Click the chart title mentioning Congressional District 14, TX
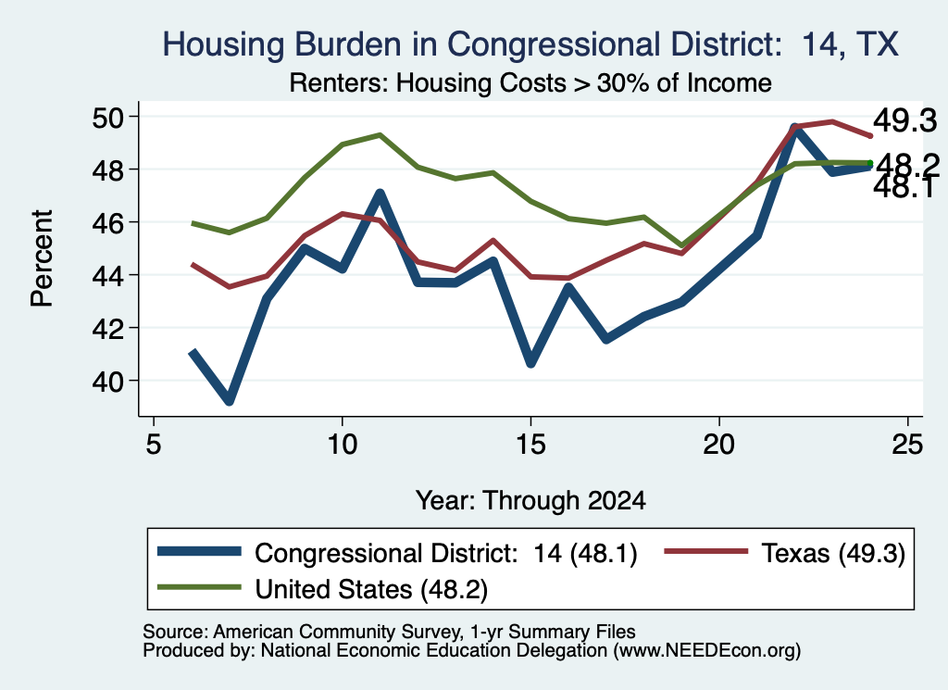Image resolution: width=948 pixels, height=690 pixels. click(x=530, y=44)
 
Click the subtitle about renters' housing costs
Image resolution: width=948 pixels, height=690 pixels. click(x=530, y=82)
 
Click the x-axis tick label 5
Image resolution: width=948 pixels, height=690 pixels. click(x=154, y=445)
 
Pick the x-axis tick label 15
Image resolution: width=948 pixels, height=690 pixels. click(x=530, y=445)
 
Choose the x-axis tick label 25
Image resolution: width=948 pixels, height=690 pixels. click(x=907, y=445)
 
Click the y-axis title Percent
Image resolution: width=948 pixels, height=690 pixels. click(x=42, y=258)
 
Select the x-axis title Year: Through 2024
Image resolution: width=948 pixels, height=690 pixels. click(x=530, y=501)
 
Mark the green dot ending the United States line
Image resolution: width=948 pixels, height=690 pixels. click(x=870, y=163)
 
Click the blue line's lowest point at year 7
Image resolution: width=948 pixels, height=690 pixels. click(x=230, y=400)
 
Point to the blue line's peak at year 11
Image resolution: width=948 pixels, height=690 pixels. click(x=380, y=194)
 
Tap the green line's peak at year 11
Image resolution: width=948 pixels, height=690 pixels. click(x=380, y=135)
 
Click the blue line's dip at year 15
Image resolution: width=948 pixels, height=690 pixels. click(x=530, y=363)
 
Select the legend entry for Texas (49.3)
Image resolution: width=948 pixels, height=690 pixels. click(x=785, y=553)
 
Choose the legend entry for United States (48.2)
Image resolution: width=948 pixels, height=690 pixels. click(x=322, y=588)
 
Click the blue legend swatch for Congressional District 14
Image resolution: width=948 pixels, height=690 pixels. click(x=199, y=551)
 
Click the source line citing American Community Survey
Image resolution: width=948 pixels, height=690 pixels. click(x=389, y=632)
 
